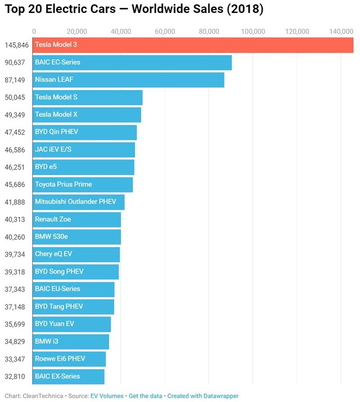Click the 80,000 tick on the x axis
(209, 31)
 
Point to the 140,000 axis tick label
(340, 31)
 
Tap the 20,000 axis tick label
(77, 31)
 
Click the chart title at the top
(134, 10)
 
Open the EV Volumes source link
(107, 396)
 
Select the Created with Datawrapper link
(203, 396)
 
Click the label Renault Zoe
(53, 220)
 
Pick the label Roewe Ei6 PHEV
(60, 359)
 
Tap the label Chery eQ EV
(53, 254)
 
